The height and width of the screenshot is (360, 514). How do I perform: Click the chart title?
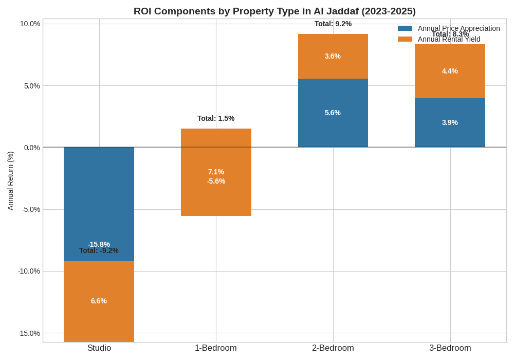[x=274, y=11]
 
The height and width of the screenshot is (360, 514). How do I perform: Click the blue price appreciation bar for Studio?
[x=99, y=201]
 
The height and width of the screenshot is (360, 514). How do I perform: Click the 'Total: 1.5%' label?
[x=216, y=118]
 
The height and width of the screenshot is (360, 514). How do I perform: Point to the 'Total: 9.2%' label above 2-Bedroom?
[x=333, y=24]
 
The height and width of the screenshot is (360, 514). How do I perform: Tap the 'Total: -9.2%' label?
[x=99, y=251]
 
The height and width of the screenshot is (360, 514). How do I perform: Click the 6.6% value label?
[x=99, y=301]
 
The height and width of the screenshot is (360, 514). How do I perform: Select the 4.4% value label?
[x=450, y=71]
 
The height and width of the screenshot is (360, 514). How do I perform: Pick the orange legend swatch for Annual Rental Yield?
[x=405, y=39]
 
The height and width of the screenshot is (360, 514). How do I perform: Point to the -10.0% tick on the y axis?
[x=29, y=271]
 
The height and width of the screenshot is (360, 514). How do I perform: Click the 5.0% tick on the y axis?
[x=32, y=86]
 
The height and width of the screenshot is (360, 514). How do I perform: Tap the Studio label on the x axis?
[x=99, y=348]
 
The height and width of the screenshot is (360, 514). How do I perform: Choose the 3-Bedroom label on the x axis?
[x=450, y=348]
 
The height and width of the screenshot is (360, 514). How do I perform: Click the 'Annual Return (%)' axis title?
[x=10, y=181]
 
